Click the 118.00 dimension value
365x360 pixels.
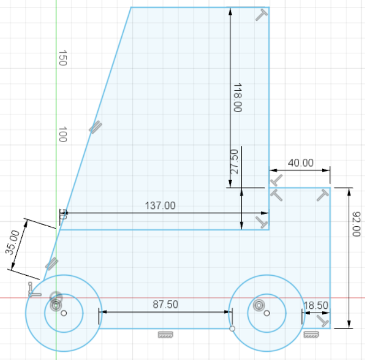pyautogui.click(x=237, y=98)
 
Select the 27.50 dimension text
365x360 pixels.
pyautogui.click(x=235, y=162)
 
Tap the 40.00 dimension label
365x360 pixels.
pyautogui.click(x=300, y=163)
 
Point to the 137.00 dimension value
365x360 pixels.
pyautogui.click(x=160, y=206)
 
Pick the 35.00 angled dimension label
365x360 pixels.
pyautogui.click(x=12, y=241)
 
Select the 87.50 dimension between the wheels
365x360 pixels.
pyautogui.click(x=165, y=305)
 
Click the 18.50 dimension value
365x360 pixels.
pyautogui.click(x=316, y=306)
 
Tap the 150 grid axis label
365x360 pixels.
pyautogui.click(x=62, y=58)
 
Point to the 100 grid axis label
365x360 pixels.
pyautogui.click(x=62, y=134)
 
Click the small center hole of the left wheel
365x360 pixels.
pyautogui.click(x=64, y=313)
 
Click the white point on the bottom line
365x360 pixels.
pyautogui.click(x=232, y=328)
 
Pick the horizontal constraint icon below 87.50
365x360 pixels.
pyautogui.click(x=165, y=334)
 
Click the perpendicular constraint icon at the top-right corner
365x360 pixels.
pyautogui.click(x=261, y=15)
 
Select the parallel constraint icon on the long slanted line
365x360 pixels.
pyautogui.click(x=95, y=127)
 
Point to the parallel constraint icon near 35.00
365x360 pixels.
pyautogui.click(x=51, y=264)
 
